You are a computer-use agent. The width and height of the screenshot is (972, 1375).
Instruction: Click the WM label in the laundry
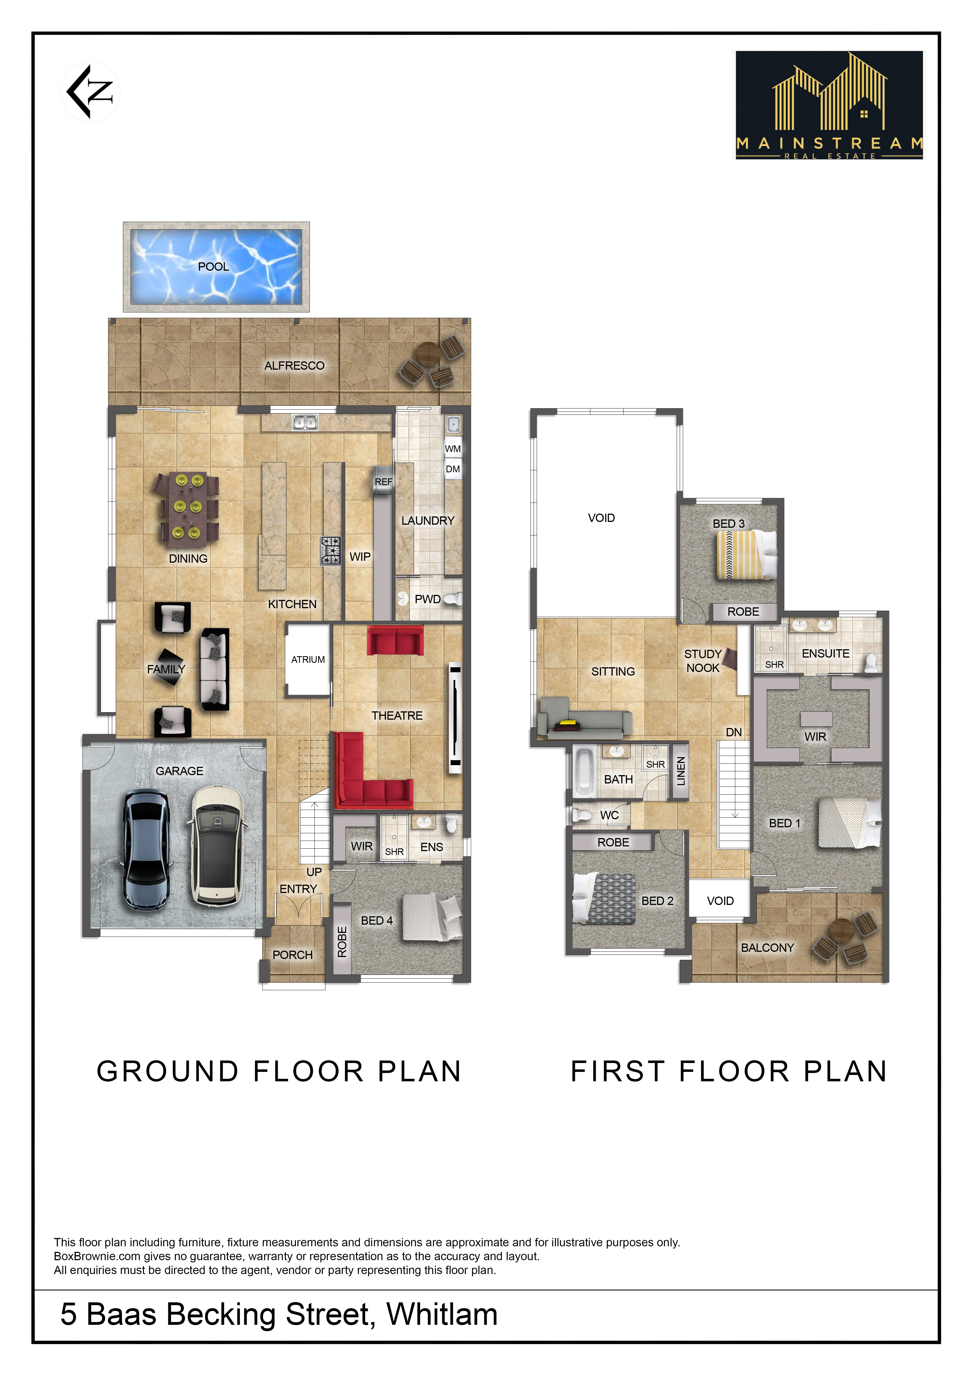pos(453,448)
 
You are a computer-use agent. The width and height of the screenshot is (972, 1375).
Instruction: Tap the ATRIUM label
pos(308,659)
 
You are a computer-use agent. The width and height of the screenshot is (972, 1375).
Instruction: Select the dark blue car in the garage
pos(147,849)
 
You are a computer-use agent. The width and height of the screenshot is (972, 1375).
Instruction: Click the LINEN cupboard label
pos(681,771)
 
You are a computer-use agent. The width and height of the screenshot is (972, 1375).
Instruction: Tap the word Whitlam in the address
pos(442,1314)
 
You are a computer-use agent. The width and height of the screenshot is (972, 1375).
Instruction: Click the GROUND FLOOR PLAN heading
pos(279,1071)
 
